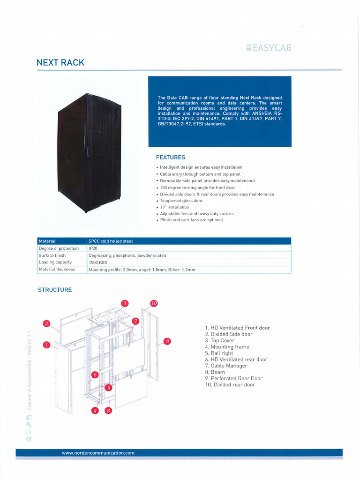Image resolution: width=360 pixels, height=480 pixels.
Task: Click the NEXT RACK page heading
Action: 60,63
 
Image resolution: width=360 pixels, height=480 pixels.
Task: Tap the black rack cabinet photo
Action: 89,153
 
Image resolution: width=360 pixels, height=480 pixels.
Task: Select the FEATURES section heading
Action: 170,157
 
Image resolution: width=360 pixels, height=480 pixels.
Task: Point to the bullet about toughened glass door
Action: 181,201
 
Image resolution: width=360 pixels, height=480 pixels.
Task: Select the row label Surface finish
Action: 52,255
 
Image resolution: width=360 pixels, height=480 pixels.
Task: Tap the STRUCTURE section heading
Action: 55,290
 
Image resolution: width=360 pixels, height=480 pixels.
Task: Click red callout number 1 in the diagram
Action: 46,345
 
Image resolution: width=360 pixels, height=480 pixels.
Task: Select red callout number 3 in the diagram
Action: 125,303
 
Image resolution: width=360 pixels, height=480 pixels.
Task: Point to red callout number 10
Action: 154,303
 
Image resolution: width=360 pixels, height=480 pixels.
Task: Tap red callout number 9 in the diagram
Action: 167,341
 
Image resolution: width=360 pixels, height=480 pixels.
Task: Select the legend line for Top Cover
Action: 219,340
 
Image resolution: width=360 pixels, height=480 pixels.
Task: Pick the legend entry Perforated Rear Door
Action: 233,378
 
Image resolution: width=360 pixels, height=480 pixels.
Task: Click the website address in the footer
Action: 98,453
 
